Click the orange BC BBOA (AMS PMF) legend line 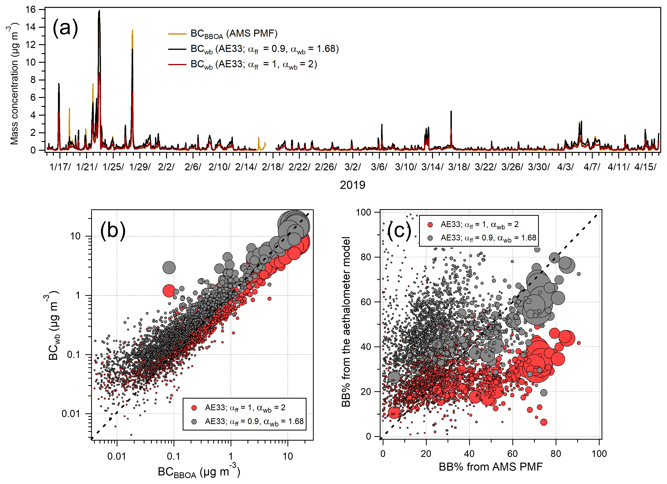(177, 34)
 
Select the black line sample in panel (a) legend (177, 49)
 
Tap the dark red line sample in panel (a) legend (177, 64)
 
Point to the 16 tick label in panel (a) (31, 10)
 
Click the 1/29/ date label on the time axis (140, 167)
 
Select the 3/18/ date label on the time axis (459, 167)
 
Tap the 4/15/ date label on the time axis (645, 167)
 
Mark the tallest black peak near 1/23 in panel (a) (99, 11)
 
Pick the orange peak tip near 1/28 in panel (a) (132, 30)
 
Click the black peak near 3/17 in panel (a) (451, 112)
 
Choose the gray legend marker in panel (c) (430, 238)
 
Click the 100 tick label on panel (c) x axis (599, 454)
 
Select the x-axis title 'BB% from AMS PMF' (491, 467)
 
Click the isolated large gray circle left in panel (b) (169, 267)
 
